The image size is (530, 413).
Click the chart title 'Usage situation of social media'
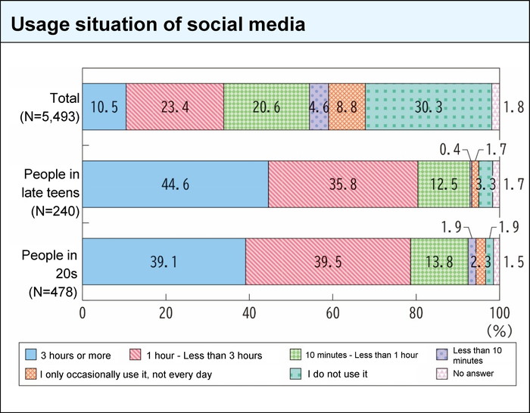coord(158,24)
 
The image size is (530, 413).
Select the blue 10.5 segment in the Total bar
coord(104,108)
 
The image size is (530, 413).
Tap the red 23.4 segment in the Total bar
coord(175,108)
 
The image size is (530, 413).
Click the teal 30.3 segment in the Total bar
coord(429,108)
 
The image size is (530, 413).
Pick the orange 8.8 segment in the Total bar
coord(347,108)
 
